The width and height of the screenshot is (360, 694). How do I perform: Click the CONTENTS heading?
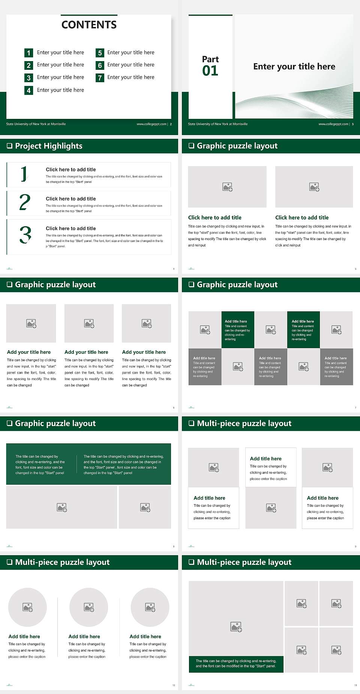click(89, 25)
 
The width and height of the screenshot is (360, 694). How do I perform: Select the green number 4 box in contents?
click(28, 90)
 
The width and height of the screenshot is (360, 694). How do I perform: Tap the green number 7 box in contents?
click(100, 78)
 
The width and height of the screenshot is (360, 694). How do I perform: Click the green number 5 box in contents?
click(100, 53)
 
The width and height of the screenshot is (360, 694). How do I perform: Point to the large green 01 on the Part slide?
click(210, 71)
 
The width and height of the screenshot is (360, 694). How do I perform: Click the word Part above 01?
click(210, 59)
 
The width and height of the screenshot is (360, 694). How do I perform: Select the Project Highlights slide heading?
click(49, 146)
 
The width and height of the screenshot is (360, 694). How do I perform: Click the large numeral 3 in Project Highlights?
click(25, 235)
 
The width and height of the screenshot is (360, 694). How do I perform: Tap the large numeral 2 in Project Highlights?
click(25, 203)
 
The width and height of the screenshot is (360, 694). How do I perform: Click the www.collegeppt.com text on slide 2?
click(151, 124)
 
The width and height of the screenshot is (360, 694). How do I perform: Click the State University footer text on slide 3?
click(217, 124)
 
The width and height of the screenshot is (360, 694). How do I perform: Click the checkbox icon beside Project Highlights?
click(9, 146)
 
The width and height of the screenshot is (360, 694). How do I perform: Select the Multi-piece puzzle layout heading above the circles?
click(62, 562)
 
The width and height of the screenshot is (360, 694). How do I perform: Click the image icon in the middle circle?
click(89, 607)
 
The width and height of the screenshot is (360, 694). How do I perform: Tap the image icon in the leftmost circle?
click(28, 607)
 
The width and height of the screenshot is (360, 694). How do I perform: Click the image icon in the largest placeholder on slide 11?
click(236, 626)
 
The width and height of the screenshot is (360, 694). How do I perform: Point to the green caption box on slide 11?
click(236, 664)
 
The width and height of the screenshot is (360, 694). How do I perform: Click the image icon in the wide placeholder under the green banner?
click(62, 508)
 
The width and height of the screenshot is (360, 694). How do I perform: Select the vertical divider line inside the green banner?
click(77, 464)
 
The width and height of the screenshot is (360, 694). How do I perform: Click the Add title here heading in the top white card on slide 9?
click(265, 459)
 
